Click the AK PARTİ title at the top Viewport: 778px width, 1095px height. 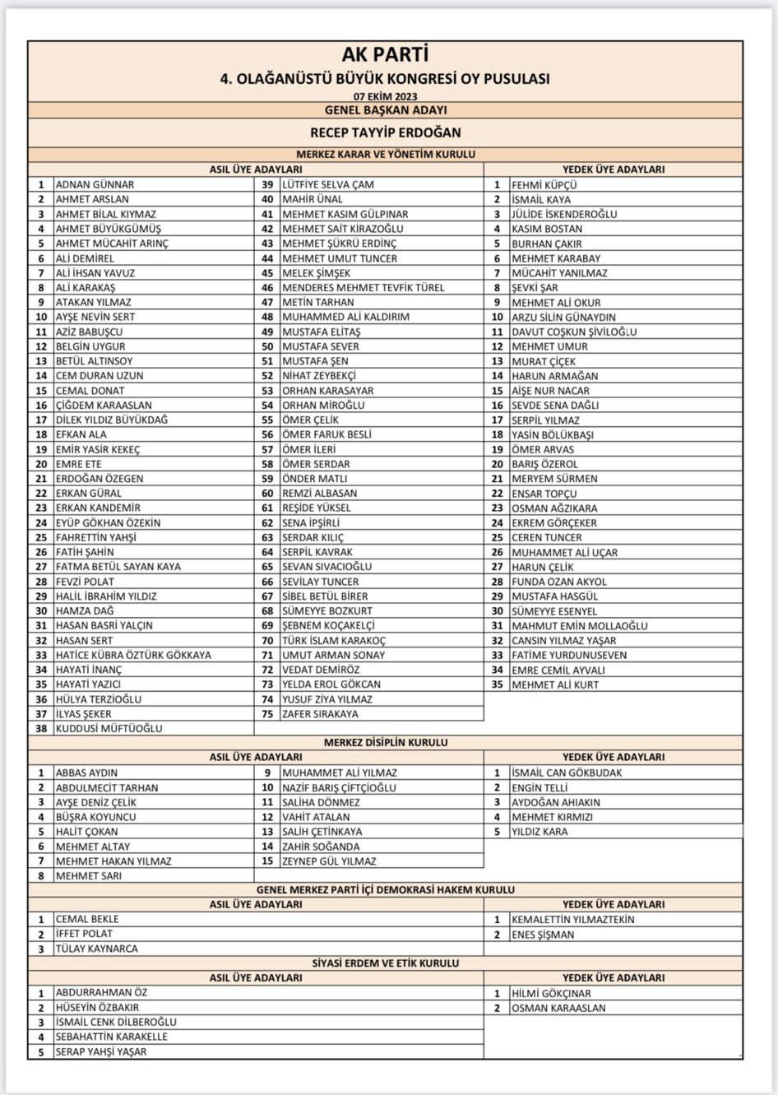tap(385, 55)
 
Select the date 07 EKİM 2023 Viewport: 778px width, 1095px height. tap(385, 96)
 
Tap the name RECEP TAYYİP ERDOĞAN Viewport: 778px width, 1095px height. tap(385, 132)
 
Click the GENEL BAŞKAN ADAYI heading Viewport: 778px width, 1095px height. tap(385, 110)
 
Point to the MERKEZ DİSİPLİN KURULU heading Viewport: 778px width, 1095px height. tap(385, 742)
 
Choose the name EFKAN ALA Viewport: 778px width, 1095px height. tap(81, 434)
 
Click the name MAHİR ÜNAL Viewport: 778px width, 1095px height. tap(313, 199)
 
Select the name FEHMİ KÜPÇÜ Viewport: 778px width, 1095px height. tap(544, 185)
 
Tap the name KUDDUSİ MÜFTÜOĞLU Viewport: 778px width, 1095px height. tap(109, 728)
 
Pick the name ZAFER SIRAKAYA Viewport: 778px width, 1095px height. tap(320, 713)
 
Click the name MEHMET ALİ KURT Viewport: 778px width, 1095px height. tap(555, 684)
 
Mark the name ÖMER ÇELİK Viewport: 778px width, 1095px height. tap(310, 420)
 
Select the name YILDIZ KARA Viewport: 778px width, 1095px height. tap(540, 832)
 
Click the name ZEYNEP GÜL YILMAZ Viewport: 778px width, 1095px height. tap(329, 861)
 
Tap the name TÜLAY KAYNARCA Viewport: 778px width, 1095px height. tap(96, 949)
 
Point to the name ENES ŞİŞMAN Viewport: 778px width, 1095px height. tap(543, 935)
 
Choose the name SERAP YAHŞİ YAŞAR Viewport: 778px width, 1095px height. tap(100, 1051)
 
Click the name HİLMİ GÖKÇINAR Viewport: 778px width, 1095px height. tap(551, 993)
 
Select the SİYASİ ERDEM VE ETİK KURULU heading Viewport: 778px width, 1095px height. tap(385, 963)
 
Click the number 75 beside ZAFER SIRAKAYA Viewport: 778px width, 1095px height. tap(267, 713)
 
